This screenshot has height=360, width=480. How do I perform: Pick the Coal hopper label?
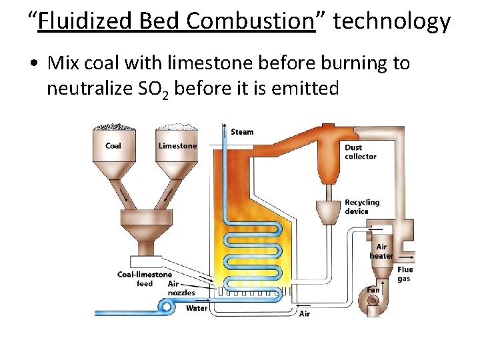[x=113, y=146]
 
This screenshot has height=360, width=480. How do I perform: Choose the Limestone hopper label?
[x=177, y=146]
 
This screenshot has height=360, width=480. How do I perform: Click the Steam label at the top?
[x=242, y=132]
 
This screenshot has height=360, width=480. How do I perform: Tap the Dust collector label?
[x=361, y=152]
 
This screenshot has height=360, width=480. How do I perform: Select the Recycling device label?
[x=362, y=207]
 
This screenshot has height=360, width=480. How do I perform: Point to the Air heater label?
[x=381, y=251]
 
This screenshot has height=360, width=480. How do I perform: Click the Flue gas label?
[x=405, y=274]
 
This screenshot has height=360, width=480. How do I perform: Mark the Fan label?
[x=373, y=290]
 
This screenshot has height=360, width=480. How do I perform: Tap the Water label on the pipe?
[x=197, y=308]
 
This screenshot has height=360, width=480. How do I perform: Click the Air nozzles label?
[x=181, y=289]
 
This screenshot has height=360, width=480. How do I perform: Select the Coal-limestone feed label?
[x=145, y=279]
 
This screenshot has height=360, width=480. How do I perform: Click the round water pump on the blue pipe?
[x=164, y=306]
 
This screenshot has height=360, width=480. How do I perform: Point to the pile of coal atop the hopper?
[x=113, y=127]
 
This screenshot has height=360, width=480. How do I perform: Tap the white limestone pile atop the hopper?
[x=177, y=127]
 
